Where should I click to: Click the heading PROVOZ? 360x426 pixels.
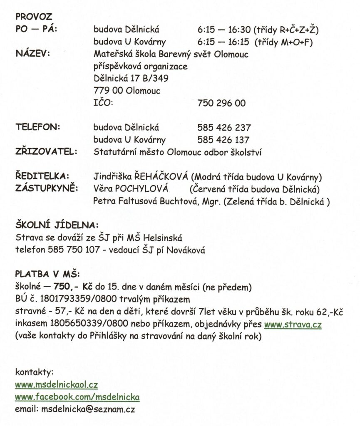click(x=34, y=17)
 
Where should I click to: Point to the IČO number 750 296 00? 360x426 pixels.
click(x=221, y=103)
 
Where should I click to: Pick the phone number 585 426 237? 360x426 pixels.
click(x=224, y=127)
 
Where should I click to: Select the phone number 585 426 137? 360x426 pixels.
click(x=224, y=140)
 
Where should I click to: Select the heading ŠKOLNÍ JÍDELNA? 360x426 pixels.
click(x=57, y=225)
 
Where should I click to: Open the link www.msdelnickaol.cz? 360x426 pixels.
click(x=56, y=385)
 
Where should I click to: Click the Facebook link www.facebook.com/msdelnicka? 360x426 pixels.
click(x=77, y=397)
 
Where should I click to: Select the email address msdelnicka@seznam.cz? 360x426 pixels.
click(x=88, y=409)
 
